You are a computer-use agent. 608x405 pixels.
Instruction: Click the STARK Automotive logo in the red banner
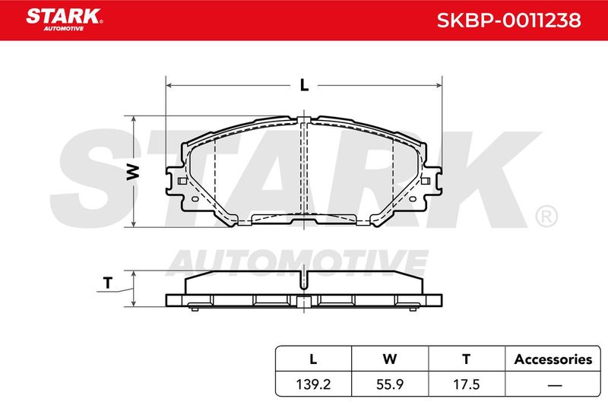(x=64, y=20)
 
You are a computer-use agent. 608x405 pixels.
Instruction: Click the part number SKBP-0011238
(x=508, y=21)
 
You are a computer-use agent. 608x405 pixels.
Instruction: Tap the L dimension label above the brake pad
(x=305, y=85)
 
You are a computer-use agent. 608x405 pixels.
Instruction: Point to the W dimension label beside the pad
(x=132, y=172)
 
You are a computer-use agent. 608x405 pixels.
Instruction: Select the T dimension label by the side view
(x=108, y=283)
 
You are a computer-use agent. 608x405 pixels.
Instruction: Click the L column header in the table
(x=313, y=359)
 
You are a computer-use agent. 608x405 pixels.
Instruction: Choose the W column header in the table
(x=390, y=359)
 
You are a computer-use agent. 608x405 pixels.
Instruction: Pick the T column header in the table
(x=467, y=359)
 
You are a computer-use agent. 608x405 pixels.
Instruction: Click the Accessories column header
(x=553, y=359)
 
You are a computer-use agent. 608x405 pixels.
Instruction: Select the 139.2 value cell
(x=313, y=384)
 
